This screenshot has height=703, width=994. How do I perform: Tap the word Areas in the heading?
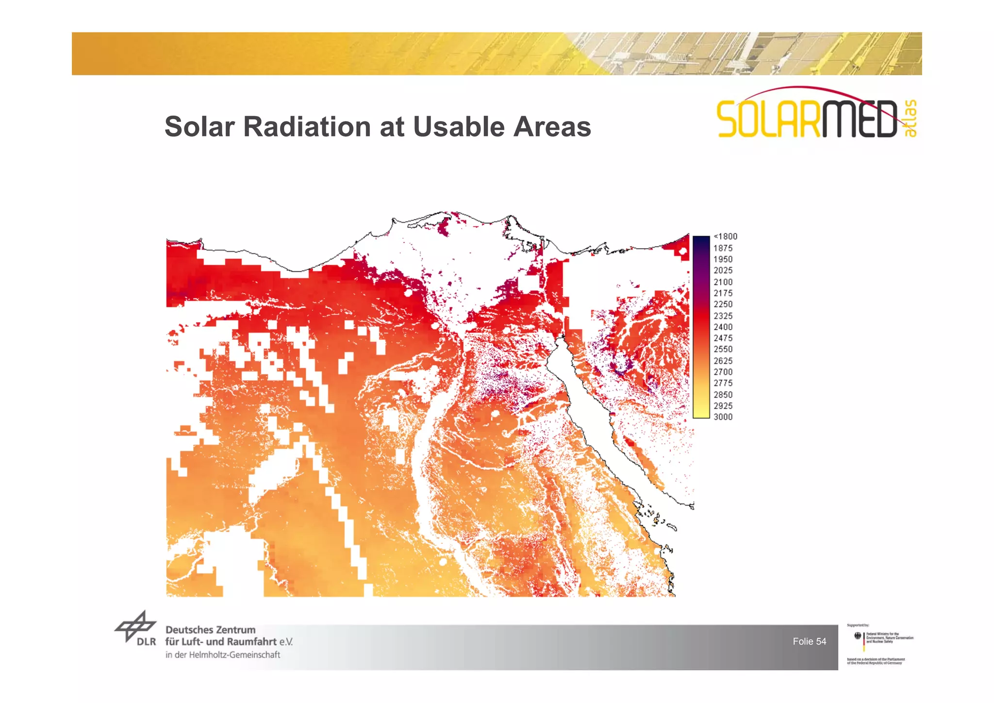click(552, 127)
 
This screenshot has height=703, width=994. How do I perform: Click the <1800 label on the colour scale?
click(725, 236)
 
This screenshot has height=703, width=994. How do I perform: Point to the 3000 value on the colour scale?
click(723, 417)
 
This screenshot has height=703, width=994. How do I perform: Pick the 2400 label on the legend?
click(723, 327)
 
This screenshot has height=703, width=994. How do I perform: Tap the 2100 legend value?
click(723, 282)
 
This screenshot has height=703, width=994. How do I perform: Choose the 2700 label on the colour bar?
click(723, 372)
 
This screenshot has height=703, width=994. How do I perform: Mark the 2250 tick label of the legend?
click(723, 304)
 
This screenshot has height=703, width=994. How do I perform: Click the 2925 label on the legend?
click(723, 406)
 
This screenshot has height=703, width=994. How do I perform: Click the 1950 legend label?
click(723, 259)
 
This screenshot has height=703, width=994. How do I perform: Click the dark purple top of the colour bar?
click(701, 241)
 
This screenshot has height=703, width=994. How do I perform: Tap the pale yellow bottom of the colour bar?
click(701, 413)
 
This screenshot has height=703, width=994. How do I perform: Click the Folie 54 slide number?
click(809, 641)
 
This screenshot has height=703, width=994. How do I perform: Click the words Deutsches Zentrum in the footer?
click(210, 630)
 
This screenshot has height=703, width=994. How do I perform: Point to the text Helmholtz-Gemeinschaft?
click(234, 655)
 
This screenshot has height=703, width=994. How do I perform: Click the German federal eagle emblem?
click(858, 636)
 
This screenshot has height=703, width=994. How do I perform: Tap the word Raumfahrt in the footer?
click(251, 642)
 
